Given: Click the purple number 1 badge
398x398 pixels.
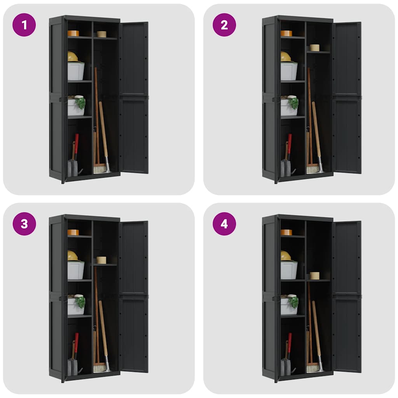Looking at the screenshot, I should [24, 25].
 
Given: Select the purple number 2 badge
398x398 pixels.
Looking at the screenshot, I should [224, 25].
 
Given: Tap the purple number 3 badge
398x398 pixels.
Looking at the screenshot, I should [24, 224].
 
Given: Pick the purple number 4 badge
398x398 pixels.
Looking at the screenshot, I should [224, 224].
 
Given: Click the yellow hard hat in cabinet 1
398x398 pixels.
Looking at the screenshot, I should [72, 57].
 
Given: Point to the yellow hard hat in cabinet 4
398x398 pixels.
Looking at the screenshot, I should [286, 256].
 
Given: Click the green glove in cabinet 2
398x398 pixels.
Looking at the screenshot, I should [294, 103].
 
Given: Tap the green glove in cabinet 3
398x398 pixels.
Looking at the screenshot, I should [81, 302].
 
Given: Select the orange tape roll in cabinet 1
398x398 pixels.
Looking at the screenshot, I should [73, 33].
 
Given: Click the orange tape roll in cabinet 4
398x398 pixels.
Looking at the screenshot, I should [286, 232].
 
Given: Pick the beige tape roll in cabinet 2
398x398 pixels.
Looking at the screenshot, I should [314, 47].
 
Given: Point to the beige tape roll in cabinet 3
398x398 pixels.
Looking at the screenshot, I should [101, 260].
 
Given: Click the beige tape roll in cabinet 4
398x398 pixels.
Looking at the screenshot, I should [314, 276].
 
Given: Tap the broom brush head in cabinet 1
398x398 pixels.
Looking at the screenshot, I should [99, 169].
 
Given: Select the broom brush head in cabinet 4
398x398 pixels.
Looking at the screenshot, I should [312, 367].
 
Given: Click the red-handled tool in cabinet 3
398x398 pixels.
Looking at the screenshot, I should [77, 342].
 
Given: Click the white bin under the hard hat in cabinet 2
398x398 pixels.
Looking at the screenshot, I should [289, 72].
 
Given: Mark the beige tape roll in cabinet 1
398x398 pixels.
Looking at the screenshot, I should [101, 34].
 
